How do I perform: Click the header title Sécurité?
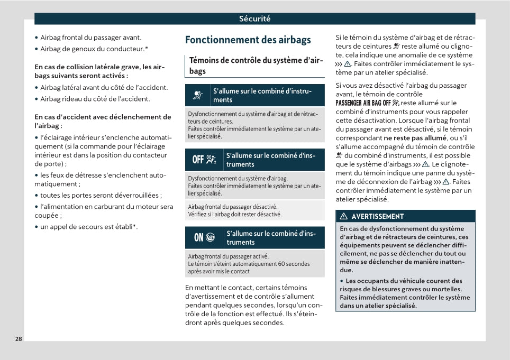tap(254, 19)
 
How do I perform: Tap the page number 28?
tap(19, 339)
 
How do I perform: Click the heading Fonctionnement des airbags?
tap(248, 40)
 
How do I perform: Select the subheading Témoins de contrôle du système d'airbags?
tap(256, 66)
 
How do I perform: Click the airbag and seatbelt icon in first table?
tap(198, 96)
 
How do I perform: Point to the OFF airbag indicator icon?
tap(204, 160)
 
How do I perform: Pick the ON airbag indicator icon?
tap(204, 238)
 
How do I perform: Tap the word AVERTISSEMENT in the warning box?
tap(377, 216)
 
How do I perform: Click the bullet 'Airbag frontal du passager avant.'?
tap(90, 38)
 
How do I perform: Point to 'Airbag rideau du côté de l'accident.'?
tap(95, 99)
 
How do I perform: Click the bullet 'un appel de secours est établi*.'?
tap(89, 227)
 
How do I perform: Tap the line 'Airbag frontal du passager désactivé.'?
tap(233, 207)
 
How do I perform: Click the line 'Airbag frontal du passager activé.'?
tap(229, 256)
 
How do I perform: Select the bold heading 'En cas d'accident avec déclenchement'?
tap(103, 117)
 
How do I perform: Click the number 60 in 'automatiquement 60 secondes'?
tap(281, 264)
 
